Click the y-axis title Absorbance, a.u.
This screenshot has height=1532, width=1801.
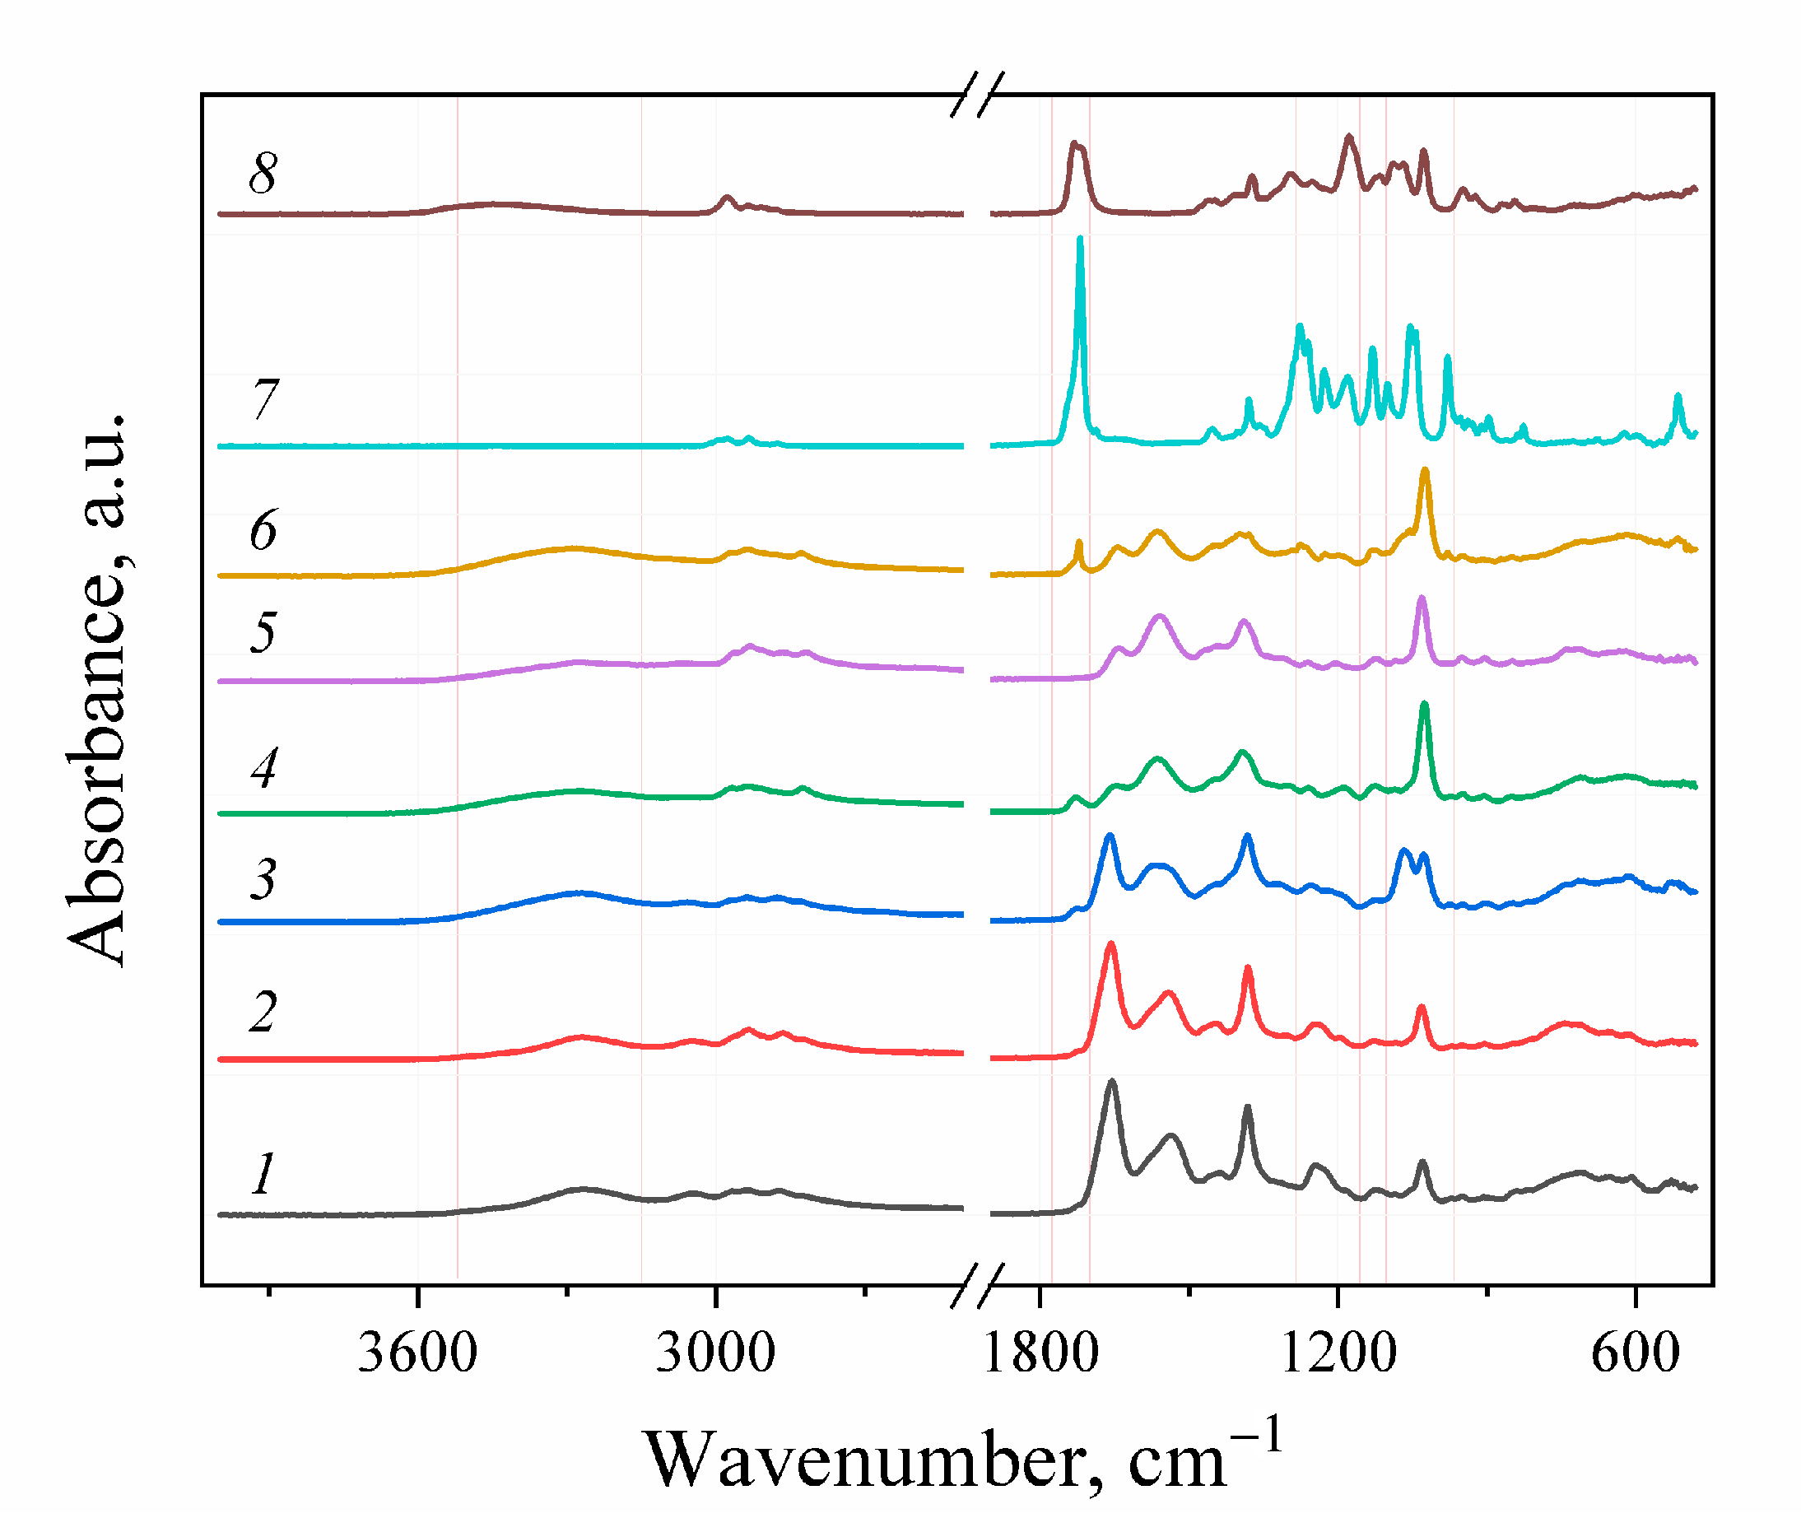[x=97, y=691]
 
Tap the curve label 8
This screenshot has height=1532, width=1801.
[x=263, y=174]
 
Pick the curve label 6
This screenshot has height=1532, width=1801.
[x=263, y=531]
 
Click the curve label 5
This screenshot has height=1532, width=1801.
[x=263, y=632]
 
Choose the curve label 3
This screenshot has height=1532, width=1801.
[x=263, y=879]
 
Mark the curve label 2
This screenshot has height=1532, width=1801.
[x=263, y=1012]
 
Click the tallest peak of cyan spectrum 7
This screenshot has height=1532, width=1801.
[x=1079, y=240]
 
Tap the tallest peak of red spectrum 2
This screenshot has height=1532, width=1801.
[x=1110, y=946]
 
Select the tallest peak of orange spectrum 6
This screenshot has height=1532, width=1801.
[x=1424, y=472]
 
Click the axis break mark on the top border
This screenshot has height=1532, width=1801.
[x=977, y=94]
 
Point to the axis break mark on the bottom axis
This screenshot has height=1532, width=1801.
[x=977, y=1285]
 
